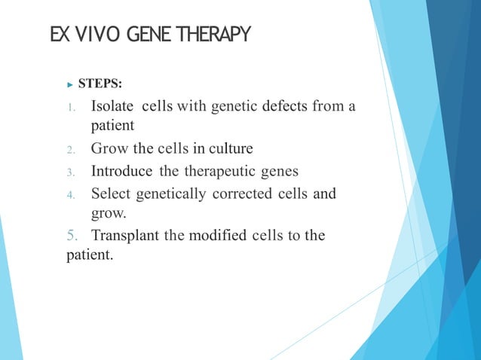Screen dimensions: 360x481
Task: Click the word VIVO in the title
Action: point(98,35)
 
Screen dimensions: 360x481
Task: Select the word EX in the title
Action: point(60,35)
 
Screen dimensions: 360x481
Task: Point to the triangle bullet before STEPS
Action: point(71,78)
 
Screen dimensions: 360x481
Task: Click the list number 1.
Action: point(71,107)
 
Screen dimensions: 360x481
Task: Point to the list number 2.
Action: point(71,149)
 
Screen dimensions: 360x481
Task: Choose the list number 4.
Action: point(71,196)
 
